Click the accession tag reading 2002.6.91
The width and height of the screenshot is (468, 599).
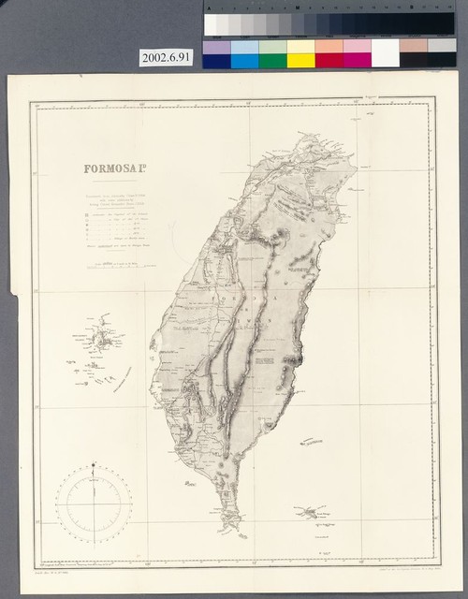click(166, 57)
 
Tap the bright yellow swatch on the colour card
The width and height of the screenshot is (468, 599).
click(300, 60)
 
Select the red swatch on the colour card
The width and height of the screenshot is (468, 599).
click(329, 60)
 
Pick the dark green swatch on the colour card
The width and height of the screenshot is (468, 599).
click(272, 60)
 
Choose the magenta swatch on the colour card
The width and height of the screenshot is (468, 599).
click(357, 60)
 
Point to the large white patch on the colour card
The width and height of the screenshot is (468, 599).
click(385, 52)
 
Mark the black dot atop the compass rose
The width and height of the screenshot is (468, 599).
click(94, 463)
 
